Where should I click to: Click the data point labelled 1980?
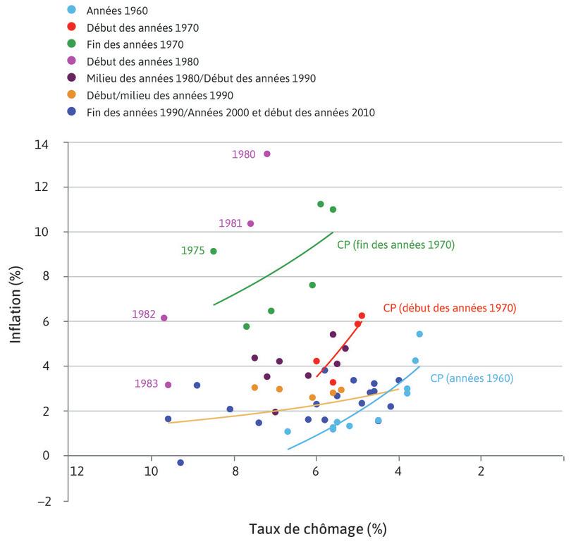click(x=266, y=154)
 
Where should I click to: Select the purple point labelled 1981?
click(x=250, y=223)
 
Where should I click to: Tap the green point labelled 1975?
click(x=214, y=251)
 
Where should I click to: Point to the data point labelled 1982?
click(x=164, y=318)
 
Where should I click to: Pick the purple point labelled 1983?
click(x=168, y=385)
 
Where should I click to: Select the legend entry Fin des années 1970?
click(x=135, y=45)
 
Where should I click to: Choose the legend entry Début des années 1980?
click(x=142, y=61)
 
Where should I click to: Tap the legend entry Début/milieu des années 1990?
click(x=159, y=95)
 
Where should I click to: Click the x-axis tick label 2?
click(x=481, y=470)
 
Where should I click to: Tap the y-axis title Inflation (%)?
click(x=16, y=299)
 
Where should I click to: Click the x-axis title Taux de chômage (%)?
click(x=317, y=528)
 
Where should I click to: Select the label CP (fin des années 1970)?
click(x=395, y=245)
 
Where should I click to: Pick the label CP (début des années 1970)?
click(x=450, y=308)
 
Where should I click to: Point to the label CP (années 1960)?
click(x=472, y=378)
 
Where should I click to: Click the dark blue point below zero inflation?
click(x=180, y=462)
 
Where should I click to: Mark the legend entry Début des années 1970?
click(x=142, y=28)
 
